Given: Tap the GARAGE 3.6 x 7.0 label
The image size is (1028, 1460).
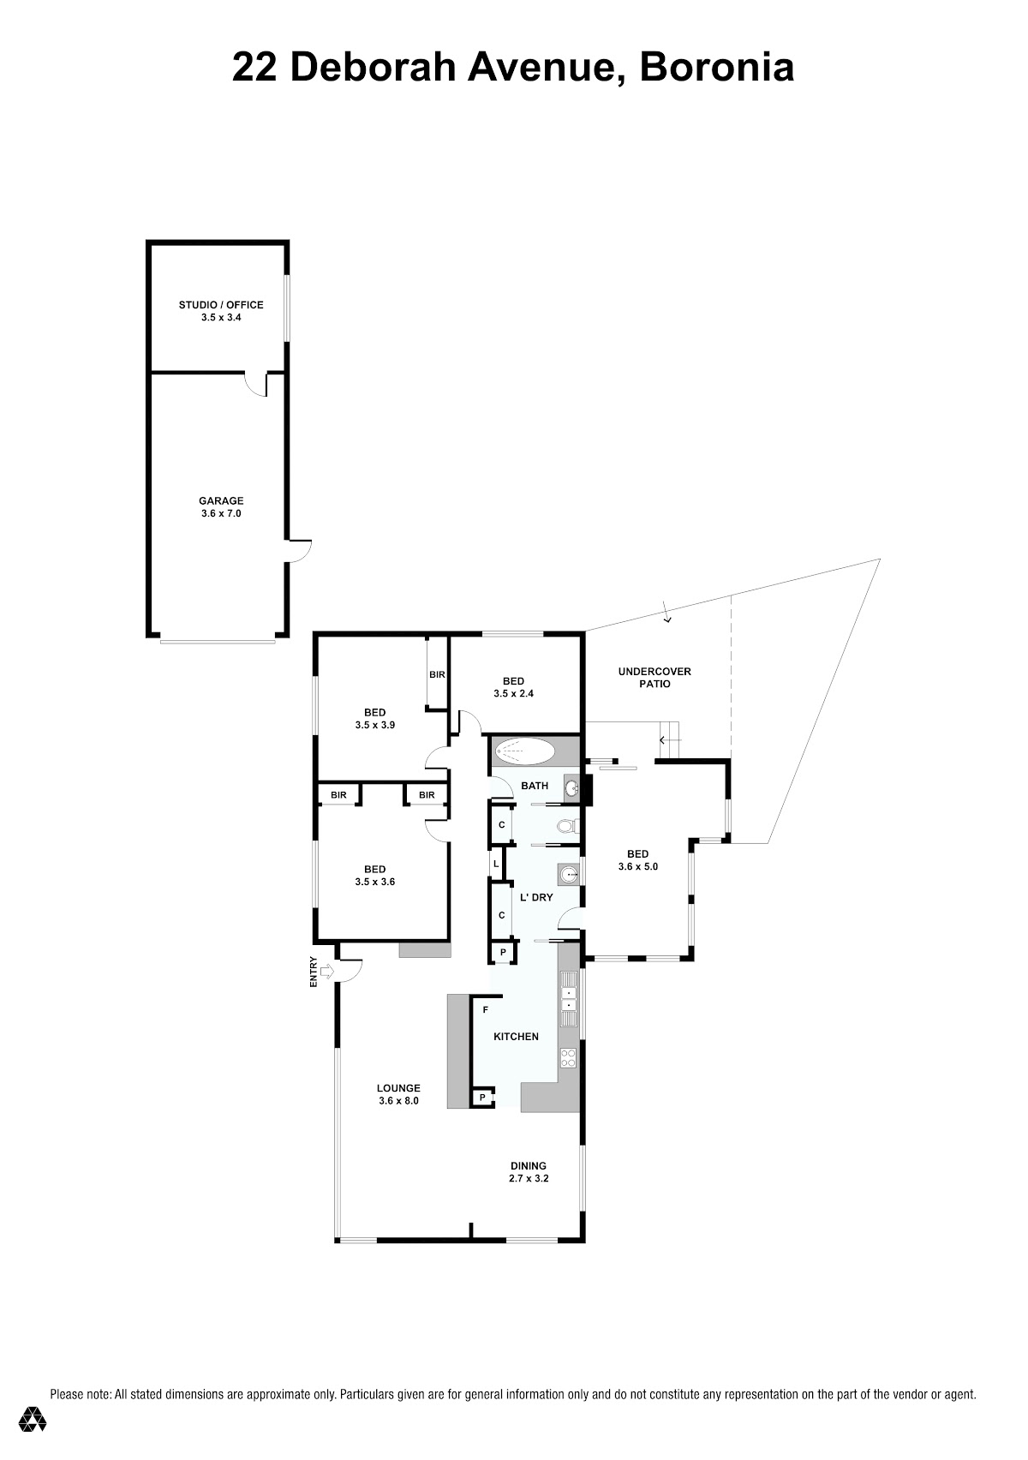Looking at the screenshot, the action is click(x=221, y=507).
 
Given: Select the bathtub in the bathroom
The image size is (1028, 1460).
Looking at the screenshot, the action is click(x=525, y=751).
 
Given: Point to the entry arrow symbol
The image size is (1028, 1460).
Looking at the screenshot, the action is click(x=328, y=972).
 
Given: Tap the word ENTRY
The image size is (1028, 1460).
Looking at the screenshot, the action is click(x=314, y=971).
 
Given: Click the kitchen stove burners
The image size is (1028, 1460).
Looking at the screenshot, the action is click(x=568, y=1057).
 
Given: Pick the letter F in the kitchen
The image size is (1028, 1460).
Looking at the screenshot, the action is click(x=486, y=1009).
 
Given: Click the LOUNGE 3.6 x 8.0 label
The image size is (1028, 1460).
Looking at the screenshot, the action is click(x=398, y=1094).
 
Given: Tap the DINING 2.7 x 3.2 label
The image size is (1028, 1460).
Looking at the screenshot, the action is click(x=528, y=1172).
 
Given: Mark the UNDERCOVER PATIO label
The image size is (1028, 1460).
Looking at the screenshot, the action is click(x=654, y=677).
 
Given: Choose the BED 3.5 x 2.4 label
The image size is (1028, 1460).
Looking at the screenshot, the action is click(x=514, y=688).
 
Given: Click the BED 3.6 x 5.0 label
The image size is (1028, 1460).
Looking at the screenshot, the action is click(x=637, y=860).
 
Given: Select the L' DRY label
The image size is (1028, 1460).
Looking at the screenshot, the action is click(x=535, y=898).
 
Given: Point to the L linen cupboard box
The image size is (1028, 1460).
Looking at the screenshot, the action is click(x=497, y=864).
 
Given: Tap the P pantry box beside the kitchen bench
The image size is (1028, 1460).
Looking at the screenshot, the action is click(x=482, y=1098).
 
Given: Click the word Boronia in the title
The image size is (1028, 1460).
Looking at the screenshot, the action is click(x=716, y=68).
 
